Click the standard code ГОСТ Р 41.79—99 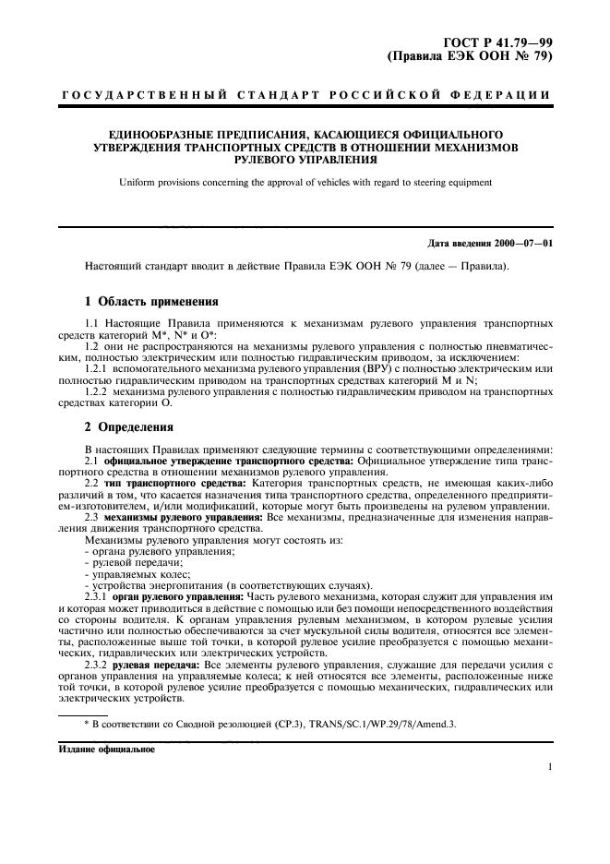[499, 39]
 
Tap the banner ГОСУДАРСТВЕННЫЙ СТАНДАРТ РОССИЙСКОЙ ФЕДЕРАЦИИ [305, 95]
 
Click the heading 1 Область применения [151, 301]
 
